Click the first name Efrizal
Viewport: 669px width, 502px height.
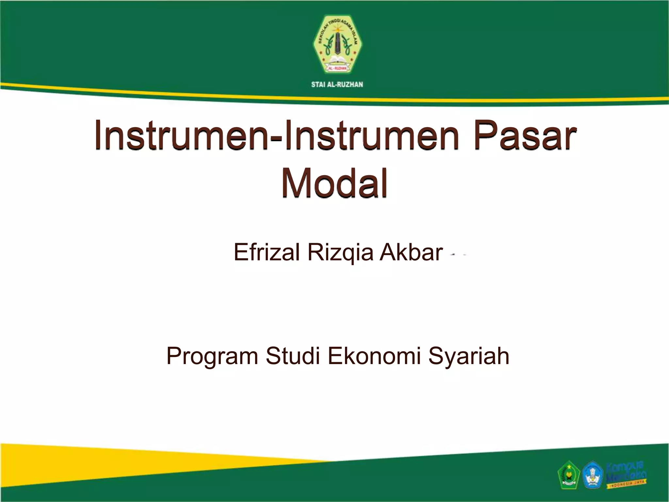[x=267, y=252]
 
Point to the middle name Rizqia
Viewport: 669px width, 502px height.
[x=340, y=253]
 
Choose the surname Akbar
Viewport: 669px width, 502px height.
[x=411, y=252]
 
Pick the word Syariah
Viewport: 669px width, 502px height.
[x=469, y=357]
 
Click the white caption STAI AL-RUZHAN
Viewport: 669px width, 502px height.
[x=337, y=85]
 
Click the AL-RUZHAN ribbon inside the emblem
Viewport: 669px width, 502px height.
[x=337, y=68]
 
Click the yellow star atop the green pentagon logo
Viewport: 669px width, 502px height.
[x=568, y=463]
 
